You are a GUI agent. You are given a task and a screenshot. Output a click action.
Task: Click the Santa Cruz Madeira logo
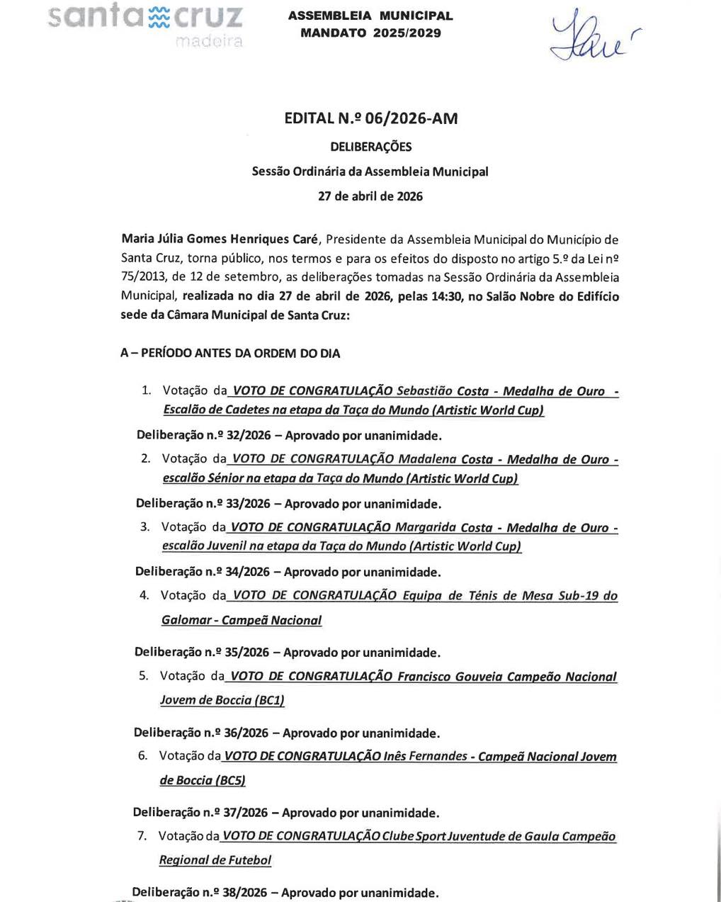click(x=147, y=23)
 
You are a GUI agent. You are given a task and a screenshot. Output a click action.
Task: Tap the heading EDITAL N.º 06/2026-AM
click(x=370, y=118)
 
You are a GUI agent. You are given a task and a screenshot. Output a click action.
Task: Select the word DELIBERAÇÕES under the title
click(x=370, y=147)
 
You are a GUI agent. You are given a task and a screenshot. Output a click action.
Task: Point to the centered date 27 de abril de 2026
click(x=370, y=196)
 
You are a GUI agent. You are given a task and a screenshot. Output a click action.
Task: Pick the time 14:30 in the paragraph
click(x=445, y=296)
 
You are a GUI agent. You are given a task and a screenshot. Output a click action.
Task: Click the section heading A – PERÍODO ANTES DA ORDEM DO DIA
click(x=230, y=353)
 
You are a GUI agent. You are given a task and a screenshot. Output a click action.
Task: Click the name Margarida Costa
click(x=443, y=527)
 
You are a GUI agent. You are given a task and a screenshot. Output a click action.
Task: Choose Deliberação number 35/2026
click(x=237, y=652)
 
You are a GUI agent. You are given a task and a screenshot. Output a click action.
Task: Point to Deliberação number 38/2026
click(x=234, y=893)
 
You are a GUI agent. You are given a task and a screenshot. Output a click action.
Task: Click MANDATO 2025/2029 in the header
click(x=370, y=33)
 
